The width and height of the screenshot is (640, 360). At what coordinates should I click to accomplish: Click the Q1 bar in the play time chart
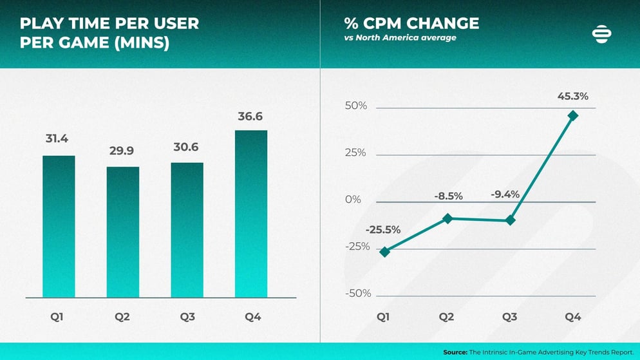coord(59,226)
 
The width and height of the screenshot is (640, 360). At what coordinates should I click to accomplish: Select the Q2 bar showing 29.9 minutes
coord(122,232)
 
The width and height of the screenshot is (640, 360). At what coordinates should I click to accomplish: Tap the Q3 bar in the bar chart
coord(187,229)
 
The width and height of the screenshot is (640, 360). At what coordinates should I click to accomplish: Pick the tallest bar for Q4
coord(250,214)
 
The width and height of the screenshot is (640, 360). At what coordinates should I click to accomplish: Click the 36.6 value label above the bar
coord(250,117)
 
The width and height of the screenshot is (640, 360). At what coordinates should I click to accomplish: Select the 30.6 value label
coord(187,147)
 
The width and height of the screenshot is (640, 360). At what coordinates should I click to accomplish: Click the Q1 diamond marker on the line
coord(384,252)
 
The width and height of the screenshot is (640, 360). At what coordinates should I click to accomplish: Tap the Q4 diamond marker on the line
coord(573,116)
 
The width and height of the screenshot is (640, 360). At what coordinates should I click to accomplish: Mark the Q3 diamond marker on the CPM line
coord(510,220)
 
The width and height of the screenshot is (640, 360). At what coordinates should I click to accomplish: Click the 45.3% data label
coord(572,97)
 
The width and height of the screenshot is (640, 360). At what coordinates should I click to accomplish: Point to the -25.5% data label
coord(383,229)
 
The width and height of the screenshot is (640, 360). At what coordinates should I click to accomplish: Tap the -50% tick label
coord(358,294)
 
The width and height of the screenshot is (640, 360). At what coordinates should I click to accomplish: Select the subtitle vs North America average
coord(400,38)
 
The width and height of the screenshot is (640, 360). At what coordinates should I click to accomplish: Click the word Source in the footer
coord(455,352)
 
